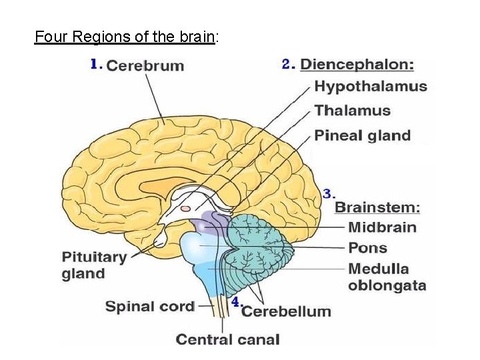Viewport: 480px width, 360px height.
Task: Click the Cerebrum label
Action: click(145, 65)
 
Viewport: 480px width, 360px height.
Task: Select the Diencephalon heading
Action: click(357, 65)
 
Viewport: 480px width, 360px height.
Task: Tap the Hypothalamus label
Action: click(371, 86)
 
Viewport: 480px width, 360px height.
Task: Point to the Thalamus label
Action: click(352, 111)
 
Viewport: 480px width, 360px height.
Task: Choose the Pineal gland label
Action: click(362, 135)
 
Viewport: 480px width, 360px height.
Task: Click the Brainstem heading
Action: click(377, 207)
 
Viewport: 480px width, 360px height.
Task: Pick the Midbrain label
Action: click(382, 227)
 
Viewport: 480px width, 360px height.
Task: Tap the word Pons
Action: click(367, 248)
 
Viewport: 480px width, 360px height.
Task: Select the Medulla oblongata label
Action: click(387, 277)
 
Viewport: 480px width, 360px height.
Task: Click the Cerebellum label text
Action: click(286, 311)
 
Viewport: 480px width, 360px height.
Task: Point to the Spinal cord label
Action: click(150, 307)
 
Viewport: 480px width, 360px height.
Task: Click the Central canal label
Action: click(227, 339)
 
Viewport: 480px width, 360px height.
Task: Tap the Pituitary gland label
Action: click(94, 265)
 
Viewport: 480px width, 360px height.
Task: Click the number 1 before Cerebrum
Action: click(95, 64)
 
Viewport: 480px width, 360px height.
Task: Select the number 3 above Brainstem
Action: click(328, 194)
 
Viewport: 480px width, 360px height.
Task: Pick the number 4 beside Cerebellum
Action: click(235, 302)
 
